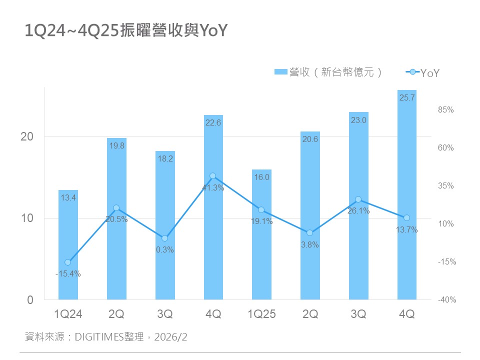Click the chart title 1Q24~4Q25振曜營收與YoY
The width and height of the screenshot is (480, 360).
[126, 31]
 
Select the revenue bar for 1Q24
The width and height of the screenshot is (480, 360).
[68, 245]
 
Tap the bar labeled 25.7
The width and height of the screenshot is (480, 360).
[407, 195]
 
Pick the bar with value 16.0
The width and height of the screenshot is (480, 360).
[261, 235]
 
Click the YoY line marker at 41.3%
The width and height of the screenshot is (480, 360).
[213, 176]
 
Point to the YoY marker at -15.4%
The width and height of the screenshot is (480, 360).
[68, 262]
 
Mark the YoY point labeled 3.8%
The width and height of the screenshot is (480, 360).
[310, 233]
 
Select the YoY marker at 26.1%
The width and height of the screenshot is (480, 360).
[358, 199]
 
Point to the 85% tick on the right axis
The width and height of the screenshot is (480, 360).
[446, 110]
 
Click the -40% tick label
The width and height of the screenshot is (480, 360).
[446, 300]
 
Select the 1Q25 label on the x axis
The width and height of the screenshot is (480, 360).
[261, 314]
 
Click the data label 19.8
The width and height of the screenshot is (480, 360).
[116, 146]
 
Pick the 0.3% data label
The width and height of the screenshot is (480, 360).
[164, 250]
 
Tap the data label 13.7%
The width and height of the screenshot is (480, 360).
[407, 230]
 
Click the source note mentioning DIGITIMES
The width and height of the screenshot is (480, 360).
[105, 337]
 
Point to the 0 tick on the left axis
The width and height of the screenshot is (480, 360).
[30, 300]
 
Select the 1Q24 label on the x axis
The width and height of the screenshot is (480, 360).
[68, 314]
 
